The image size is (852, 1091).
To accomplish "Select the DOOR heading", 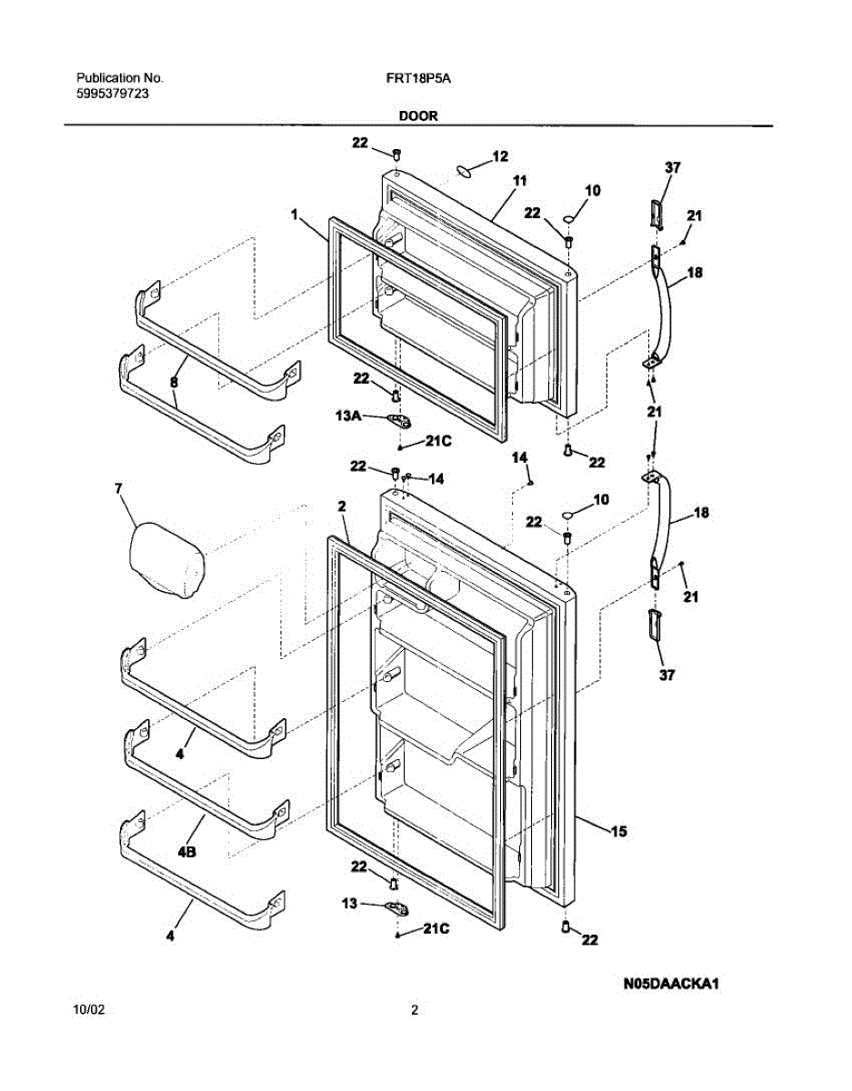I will (x=417, y=115).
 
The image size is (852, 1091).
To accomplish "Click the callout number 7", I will (x=117, y=489).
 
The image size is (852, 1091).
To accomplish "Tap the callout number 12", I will (x=499, y=156).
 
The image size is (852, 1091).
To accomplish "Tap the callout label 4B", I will (x=187, y=852).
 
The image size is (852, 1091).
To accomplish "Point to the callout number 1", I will (x=295, y=215).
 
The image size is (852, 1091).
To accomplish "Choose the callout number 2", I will (x=341, y=505).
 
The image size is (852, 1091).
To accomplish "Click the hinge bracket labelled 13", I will (x=396, y=906).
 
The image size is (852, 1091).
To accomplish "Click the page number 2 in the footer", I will (x=415, y=1010).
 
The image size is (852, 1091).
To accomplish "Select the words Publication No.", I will (x=119, y=79).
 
